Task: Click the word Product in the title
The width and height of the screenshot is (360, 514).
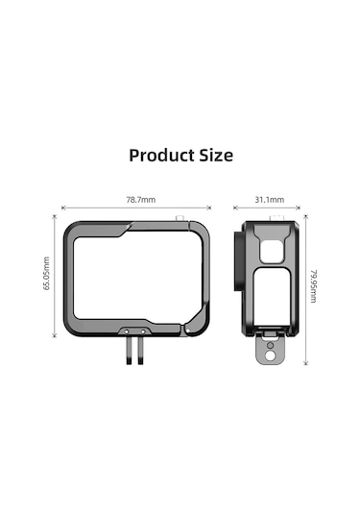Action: pyautogui.click(x=160, y=155)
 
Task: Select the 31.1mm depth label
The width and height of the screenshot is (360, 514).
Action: pyautogui.click(x=269, y=200)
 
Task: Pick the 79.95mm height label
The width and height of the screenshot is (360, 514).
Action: pyautogui.click(x=313, y=285)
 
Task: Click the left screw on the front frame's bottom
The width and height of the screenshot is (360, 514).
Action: pyautogui.click(x=126, y=330)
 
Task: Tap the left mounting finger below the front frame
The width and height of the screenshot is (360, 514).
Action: pyautogui.click(x=127, y=352)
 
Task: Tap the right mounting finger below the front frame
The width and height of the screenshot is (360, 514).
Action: pyautogui.click(x=142, y=352)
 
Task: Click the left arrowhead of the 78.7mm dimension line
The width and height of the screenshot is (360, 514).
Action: pyautogui.click(x=62, y=208)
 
